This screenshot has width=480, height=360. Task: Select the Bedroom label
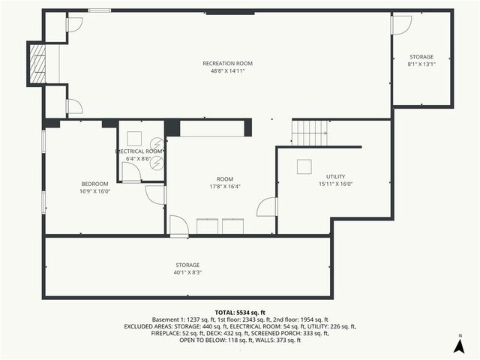pos(95,184)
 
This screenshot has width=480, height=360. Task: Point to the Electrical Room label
pos(139,151)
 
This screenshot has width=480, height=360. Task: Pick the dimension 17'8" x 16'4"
pos(225,187)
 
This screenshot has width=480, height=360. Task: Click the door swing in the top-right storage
pos(401,25)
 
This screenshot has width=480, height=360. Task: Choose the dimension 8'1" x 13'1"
pos(421,64)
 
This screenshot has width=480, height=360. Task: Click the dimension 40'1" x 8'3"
pos(187,272)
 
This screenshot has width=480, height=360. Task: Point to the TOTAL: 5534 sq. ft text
pos(240,312)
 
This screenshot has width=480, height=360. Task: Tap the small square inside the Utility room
pos(304,166)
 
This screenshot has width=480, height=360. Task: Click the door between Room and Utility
pos(268,207)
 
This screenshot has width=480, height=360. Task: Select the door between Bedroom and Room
pos(156,194)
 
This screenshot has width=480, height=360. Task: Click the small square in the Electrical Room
pos(135,138)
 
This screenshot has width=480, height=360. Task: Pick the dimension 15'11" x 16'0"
pos(334,184)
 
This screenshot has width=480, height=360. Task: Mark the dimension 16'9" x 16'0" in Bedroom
pos(95,191)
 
